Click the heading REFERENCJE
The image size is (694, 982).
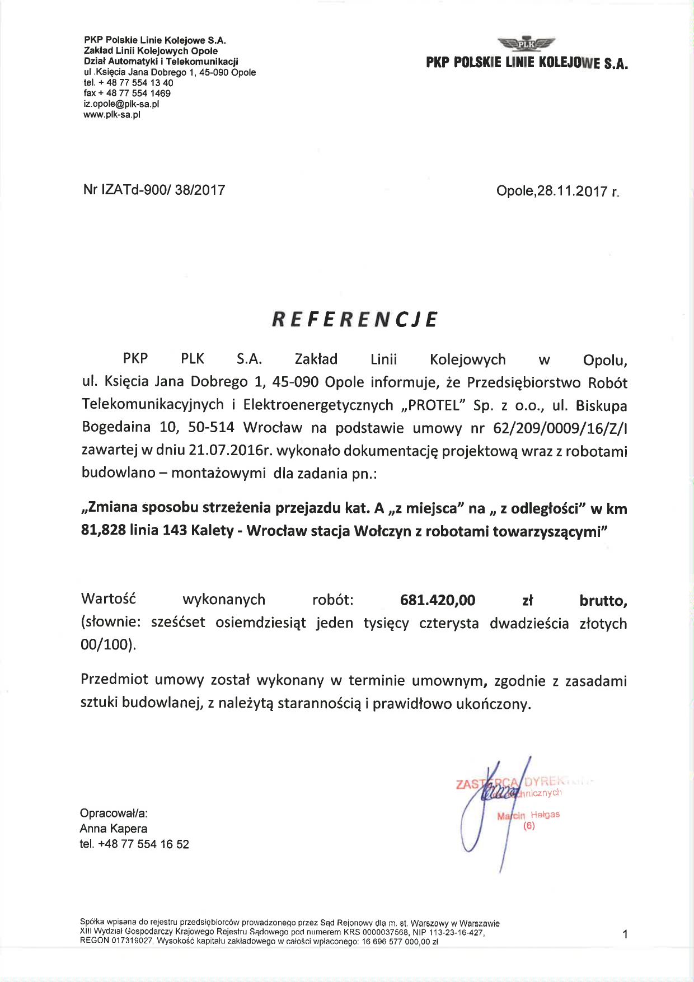click(x=354, y=319)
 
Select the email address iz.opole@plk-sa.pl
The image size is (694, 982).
click(x=121, y=104)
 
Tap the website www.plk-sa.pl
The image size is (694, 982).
click(x=112, y=115)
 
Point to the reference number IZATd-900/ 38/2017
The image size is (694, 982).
click(x=163, y=190)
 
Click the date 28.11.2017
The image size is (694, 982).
click(x=571, y=191)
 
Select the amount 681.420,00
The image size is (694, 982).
click(x=438, y=601)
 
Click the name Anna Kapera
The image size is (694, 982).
click(x=114, y=829)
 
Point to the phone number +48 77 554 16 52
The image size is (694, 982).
click(x=143, y=844)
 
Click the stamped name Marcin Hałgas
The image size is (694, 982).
click(x=528, y=815)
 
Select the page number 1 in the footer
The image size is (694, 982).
click(x=625, y=934)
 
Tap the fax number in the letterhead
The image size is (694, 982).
click(x=134, y=93)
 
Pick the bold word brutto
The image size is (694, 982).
click(x=603, y=601)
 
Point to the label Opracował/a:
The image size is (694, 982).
click(x=114, y=813)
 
